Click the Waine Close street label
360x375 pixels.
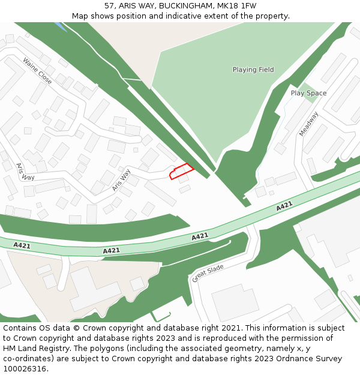pyautogui.click(x=37, y=70)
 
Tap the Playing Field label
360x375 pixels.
pyautogui.click(x=253, y=70)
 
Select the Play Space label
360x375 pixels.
pyautogui.click(x=308, y=93)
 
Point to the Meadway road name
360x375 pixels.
pyautogui.click(x=309, y=124)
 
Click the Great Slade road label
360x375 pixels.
pyautogui.click(x=208, y=273)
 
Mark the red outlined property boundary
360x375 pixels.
pyautogui.click(x=182, y=171)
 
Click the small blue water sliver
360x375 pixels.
pyautogui.click(x=59, y=26)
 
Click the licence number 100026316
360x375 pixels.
pyautogui.click(x=23, y=369)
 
